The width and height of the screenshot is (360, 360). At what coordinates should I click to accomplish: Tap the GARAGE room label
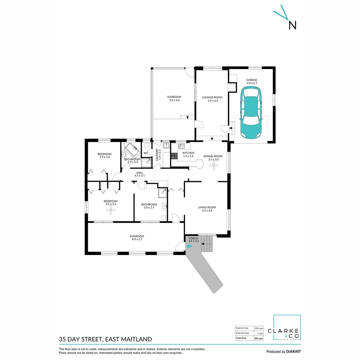coord(252,80)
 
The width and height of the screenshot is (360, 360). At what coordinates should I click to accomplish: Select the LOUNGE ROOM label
coord(212,97)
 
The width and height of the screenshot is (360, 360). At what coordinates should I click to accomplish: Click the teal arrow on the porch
coord(189,246)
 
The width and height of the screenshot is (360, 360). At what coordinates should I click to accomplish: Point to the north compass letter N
coord(292,25)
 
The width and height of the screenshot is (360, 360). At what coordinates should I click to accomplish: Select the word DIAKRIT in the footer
coord(293,352)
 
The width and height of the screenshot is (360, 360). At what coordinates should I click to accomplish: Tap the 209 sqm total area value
coord(259,338)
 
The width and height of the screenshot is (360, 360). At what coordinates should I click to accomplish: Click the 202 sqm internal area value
coord(259,328)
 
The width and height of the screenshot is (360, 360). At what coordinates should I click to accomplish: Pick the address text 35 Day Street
coord(80,339)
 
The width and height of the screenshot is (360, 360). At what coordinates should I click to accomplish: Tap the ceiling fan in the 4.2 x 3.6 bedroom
coord(110,209)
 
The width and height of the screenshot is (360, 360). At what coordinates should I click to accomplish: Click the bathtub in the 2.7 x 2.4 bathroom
coord(132,150)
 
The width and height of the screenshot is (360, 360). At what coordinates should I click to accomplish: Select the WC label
coord(146,153)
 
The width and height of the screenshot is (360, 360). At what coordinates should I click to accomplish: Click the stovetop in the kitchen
coord(174,155)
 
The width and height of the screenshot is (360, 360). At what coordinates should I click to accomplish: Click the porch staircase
coord(207,244)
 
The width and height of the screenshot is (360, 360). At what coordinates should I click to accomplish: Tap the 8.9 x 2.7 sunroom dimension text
coord(137,240)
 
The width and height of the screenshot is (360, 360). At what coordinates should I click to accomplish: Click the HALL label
coord(139,173)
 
